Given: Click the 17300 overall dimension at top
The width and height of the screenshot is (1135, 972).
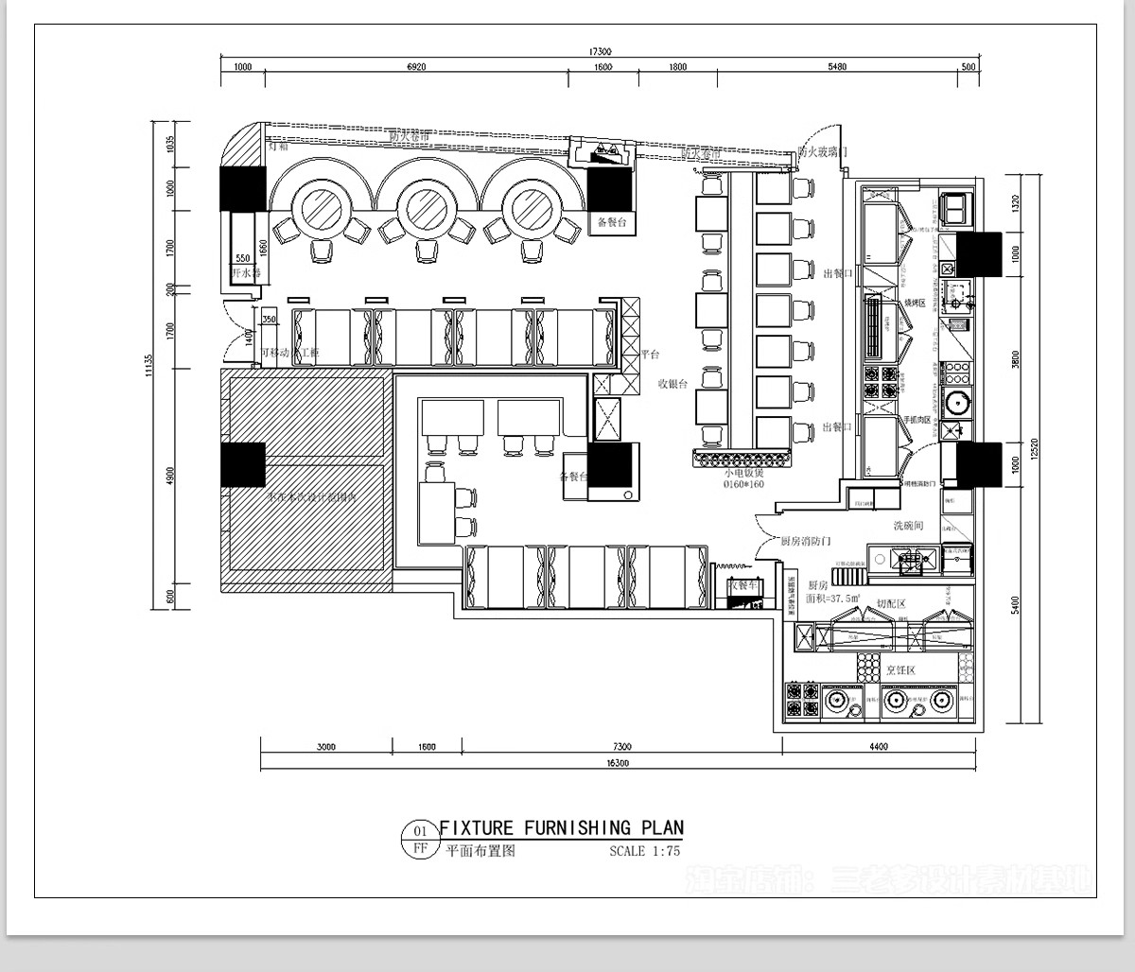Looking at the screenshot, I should pyautogui.click(x=600, y=52).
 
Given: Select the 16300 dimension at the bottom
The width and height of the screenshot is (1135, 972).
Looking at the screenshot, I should pyautogui.click(x=616, y=762).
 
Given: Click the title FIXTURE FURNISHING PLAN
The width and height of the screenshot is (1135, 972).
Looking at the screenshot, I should pyautogui.click(x=561, y=828).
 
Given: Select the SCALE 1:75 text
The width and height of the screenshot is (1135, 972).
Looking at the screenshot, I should pyautogui.click(x=644, y=851).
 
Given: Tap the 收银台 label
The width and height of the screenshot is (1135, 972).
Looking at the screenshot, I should pyautogui.click(x=673, y=383).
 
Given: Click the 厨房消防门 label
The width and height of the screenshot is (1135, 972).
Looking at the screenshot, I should pyautogui.click(x=805, y=542).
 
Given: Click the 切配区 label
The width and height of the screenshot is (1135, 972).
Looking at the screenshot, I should pyautogui.click(x=891, y=603).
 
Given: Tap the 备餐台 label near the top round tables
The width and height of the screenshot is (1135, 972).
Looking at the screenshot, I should pyautogui.click(x=612, y=223).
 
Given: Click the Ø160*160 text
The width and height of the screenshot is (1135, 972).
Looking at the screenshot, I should pyautogui.click(x=743, y=484).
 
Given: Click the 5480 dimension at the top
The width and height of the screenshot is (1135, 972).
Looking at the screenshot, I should pyautogui.click(x=836, y=67).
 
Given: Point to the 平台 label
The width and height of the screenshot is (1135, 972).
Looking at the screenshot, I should pyautogui.click(x=650, y=355).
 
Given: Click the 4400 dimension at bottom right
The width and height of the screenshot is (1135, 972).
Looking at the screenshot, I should pyautogui.click(x=879, y=747).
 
